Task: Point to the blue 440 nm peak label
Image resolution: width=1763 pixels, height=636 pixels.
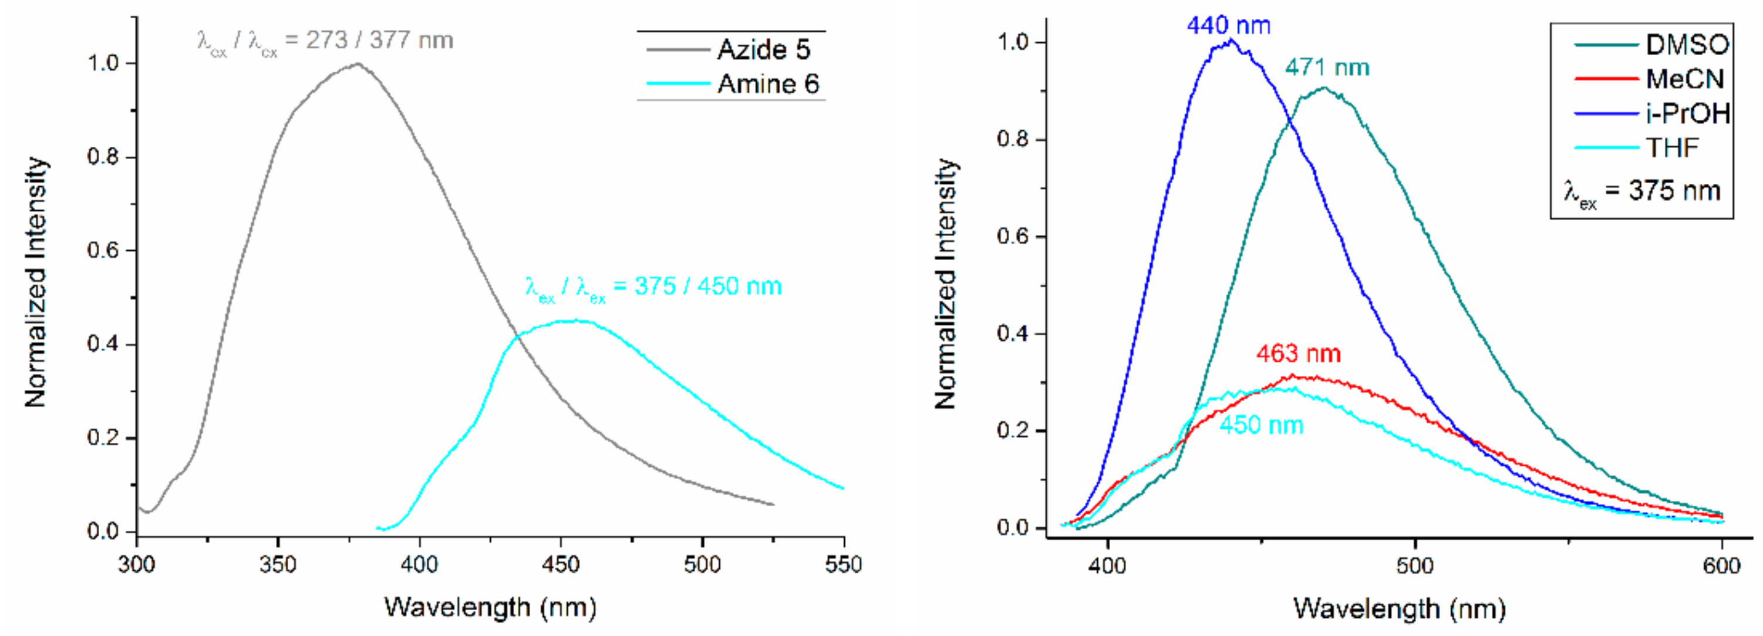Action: (1229, 25)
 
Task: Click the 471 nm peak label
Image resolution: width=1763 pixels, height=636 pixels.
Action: (1327, 67)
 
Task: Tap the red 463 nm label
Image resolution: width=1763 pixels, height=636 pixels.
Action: (1298, 354)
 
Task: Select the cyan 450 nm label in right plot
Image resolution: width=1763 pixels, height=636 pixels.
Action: (1261, 425)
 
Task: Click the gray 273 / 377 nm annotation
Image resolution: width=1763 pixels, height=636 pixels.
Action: (325, 41)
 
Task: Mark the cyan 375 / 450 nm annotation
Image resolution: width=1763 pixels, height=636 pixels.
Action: (653, 286)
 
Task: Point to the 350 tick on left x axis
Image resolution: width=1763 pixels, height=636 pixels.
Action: (278, 565)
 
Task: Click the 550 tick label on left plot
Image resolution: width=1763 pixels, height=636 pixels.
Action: (843, 565)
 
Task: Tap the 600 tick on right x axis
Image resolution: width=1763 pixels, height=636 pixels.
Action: (1721, 566)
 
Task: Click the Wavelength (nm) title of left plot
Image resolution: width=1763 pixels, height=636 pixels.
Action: (490, 607)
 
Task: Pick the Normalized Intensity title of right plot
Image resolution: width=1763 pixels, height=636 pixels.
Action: (945, 284)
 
